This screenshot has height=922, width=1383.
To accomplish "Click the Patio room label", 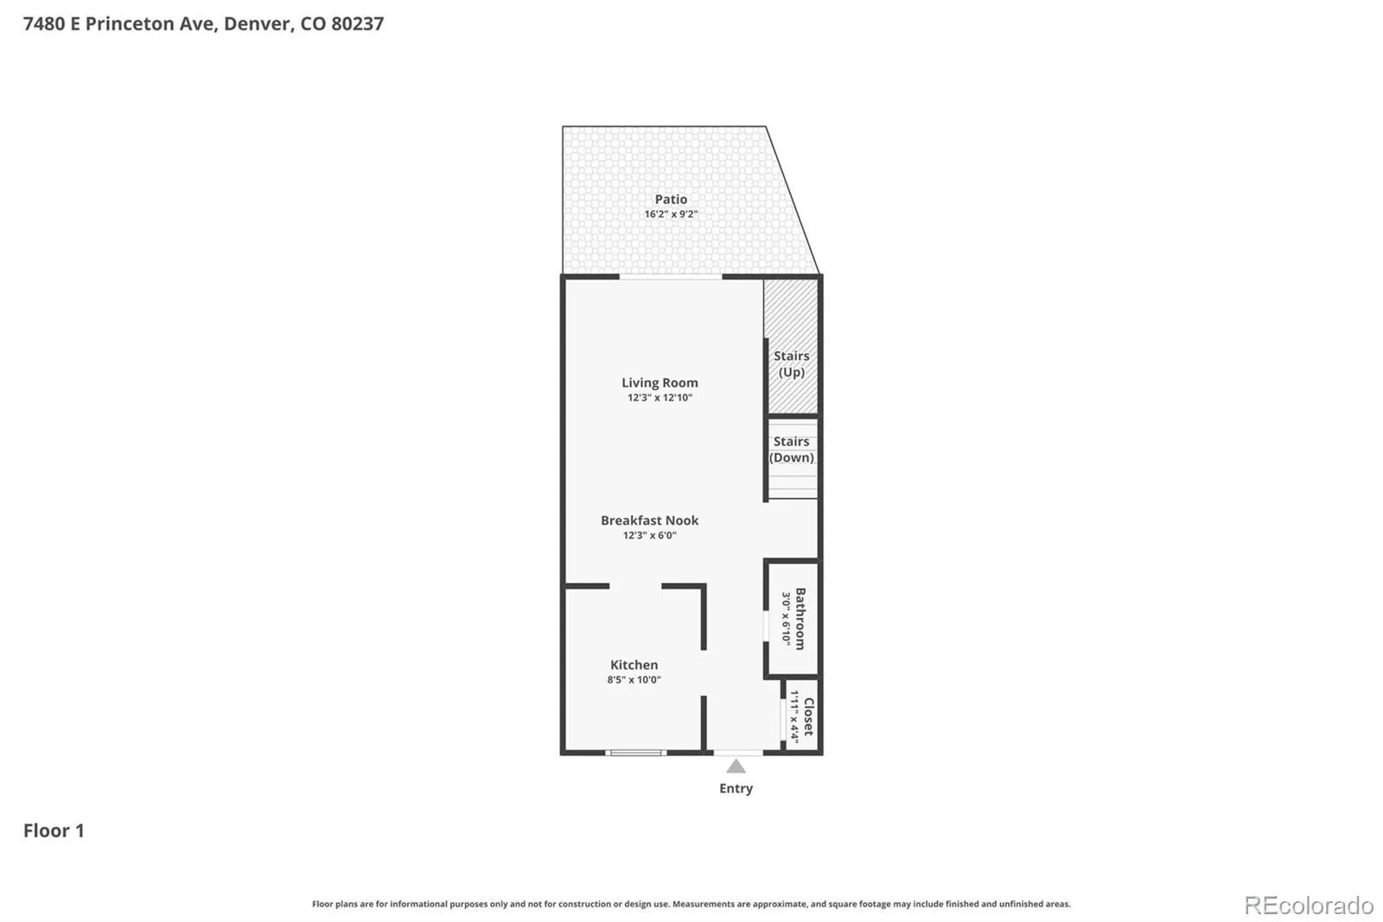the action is click(671, 199).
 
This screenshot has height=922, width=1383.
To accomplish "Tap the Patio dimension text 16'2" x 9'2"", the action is click(671, 214).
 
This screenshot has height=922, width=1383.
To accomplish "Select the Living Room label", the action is click(660, 382).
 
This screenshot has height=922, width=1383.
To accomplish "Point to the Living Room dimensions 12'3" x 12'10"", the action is click(660, 397).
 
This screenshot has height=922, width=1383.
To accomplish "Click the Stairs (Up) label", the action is click(792, 363).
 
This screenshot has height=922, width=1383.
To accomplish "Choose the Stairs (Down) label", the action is click(792, 449).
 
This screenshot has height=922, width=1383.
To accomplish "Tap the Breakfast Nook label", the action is click(649, 521).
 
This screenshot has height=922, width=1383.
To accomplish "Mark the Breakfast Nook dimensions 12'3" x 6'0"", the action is click(649, 535).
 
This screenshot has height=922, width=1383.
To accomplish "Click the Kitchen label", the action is click(634, 664).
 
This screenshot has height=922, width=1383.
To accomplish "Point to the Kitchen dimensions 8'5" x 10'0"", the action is click(634, 680).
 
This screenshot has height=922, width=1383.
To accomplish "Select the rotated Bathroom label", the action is click(800, 618).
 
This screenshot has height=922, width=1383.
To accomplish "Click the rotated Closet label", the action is click(809, 716).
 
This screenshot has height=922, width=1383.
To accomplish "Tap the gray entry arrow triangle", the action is click(736, 766).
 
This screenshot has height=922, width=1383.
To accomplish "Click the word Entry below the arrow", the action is click(736, 789).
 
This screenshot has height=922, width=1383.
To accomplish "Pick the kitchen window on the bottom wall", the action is click(636, 752).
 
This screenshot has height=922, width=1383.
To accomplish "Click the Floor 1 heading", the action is click(54, 830).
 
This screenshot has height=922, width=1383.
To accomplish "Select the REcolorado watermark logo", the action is click(1309, 906).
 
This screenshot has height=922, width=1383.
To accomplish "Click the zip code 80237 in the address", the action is click(358, 23).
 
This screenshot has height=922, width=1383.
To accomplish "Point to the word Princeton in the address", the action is click(131, 23).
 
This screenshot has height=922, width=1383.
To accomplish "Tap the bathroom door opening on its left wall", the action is click(766, 626).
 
